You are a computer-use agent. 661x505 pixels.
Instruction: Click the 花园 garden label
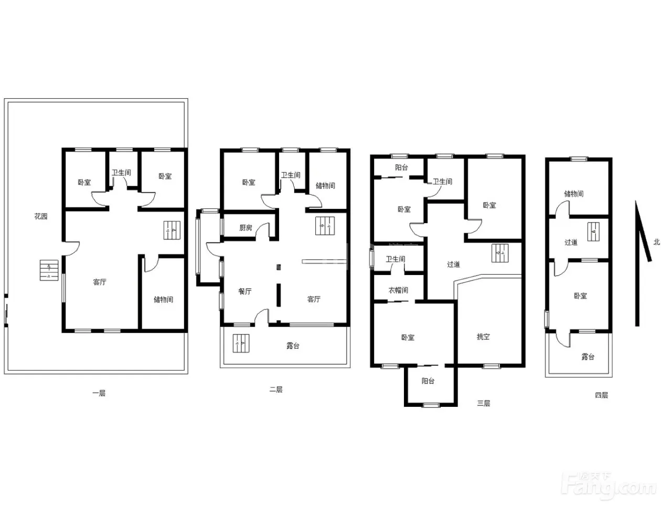40,216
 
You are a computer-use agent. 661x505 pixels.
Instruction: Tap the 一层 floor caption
99,393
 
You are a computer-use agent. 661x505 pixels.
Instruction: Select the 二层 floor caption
276,390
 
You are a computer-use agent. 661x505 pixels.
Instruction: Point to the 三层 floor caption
483,403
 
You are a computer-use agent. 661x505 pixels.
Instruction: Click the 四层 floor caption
601,395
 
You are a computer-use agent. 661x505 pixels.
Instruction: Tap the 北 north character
656,242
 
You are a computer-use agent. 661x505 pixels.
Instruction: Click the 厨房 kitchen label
246,228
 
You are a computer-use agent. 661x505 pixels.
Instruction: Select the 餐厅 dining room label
245,291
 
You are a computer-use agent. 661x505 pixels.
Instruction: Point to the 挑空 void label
483,336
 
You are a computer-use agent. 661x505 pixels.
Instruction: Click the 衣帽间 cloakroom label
398,290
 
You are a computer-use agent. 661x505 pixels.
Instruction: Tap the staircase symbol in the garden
49,270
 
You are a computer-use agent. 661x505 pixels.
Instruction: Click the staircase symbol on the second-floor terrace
241,343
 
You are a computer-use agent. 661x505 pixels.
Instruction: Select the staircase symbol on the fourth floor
593,232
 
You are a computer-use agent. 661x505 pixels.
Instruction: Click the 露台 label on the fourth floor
588,357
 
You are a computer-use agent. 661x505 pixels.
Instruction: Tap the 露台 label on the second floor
292,345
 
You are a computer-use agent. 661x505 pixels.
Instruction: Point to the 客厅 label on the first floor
99,282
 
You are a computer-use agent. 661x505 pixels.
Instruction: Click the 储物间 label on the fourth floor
574,194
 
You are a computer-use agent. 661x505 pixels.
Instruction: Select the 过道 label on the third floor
453,264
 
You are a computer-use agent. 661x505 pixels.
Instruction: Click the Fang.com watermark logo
609,486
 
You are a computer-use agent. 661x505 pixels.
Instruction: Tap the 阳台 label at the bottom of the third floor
428,381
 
